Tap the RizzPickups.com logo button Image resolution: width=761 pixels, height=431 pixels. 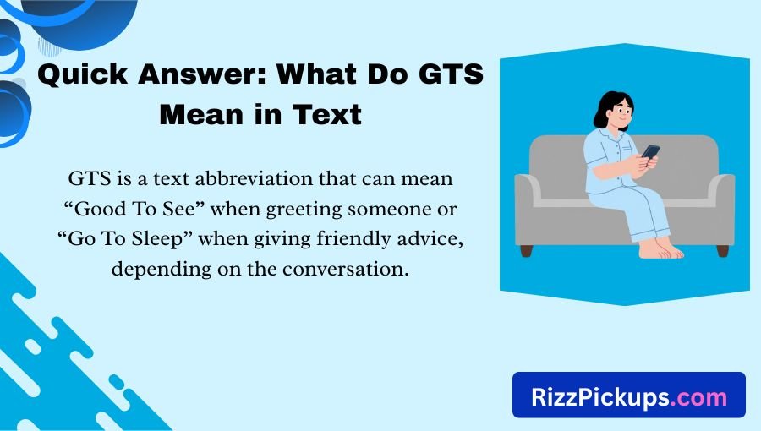tap(629, 395)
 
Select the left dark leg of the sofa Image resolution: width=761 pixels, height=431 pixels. tap(526, 250)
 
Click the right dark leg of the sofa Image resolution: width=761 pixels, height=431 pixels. tap(722, 250)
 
